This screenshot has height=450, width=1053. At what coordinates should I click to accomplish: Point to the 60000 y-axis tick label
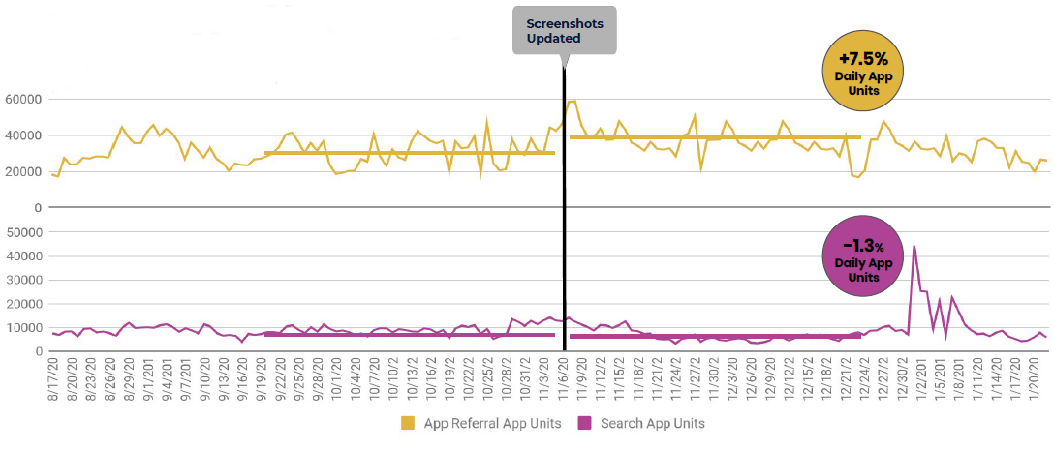23,99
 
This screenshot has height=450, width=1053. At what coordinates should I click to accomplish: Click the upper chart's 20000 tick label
23,171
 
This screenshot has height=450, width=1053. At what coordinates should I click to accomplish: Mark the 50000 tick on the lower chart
23,233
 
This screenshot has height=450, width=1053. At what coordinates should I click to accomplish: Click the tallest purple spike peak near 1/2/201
914,247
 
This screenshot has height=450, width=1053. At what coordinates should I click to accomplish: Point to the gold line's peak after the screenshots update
573,102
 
